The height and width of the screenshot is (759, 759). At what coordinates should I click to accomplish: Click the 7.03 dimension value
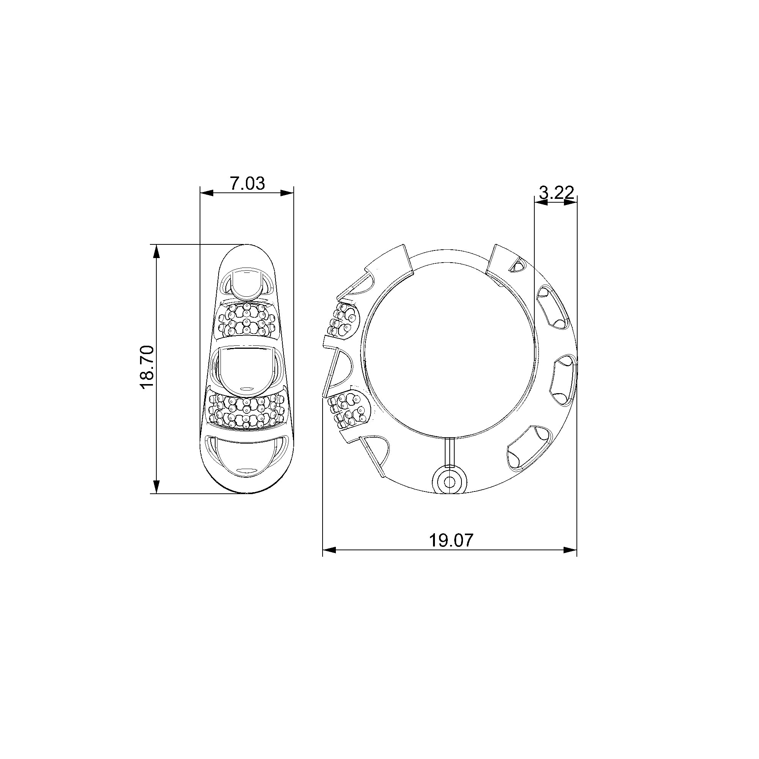247,183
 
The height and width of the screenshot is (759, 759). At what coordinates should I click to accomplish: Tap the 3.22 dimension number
557,192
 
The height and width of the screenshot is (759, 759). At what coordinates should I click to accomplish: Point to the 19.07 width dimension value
451,540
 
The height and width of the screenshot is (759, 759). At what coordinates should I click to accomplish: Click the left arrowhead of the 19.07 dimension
329,550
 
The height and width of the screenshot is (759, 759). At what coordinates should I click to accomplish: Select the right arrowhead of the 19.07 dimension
570,550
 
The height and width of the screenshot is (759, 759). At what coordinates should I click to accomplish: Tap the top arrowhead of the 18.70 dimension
156,252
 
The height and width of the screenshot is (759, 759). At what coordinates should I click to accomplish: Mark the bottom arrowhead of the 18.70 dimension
156,487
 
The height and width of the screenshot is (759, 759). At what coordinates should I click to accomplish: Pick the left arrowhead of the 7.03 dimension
207,192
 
